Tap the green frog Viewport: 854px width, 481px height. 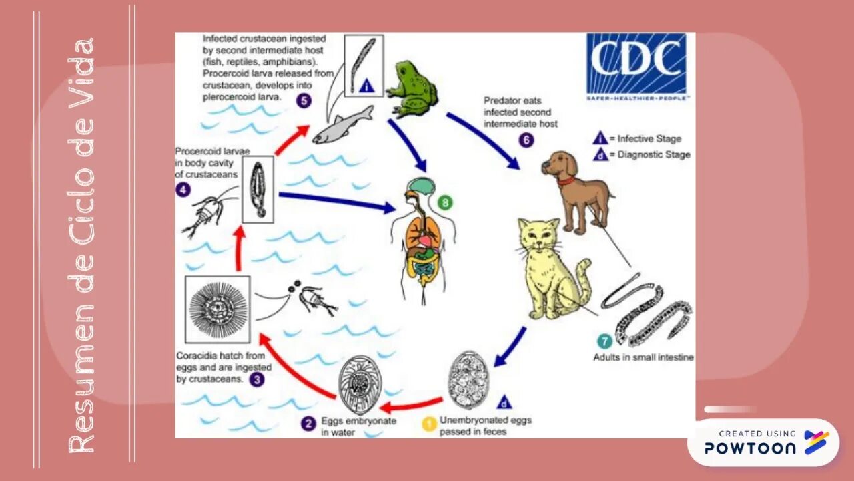coord(412,88)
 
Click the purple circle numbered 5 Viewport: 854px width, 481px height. coord(304,101)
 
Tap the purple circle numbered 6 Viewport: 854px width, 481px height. coord(526,140)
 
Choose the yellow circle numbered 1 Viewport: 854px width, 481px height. coord(431,423)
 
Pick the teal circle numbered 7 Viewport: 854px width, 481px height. coord(604,342)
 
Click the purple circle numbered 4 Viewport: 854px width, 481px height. coord(183,190)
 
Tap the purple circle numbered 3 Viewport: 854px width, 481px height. coord(257,380)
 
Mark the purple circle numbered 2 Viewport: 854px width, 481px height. coord(308,424)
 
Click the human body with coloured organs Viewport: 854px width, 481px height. coord(424,240)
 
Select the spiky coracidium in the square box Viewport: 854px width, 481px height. coord(218,308)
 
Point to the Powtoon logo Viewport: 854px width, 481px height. coord(763,442)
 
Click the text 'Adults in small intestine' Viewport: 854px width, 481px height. coord(643,358)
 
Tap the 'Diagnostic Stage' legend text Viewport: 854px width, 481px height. coord(653,154)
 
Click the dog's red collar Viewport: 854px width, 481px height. coord(566,180)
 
